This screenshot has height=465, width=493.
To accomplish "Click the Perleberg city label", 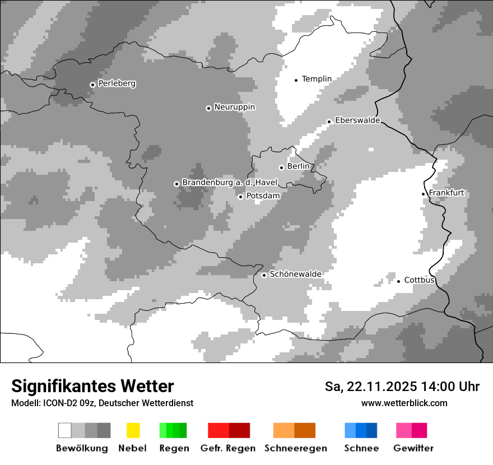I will click(x=117, y=83).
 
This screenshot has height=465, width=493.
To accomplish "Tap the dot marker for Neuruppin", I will click(x=208, y=108).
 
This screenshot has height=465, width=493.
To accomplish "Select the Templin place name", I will click(x=317, y=79).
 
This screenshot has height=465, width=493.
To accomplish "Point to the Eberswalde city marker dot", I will click(x=329, y=122).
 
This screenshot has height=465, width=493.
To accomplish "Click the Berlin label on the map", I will click(x=298, y=166).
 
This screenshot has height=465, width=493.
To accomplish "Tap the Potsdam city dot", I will click(x=240, y=197).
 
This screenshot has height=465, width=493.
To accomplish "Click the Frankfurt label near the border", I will click(x=447, y=193).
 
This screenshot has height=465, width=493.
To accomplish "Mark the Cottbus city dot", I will click(x=398, y=281).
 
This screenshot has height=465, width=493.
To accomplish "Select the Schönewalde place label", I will click(x=295, y=274).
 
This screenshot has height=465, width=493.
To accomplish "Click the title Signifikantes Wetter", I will click(x=92, y=386).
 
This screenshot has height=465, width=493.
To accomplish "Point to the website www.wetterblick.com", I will click(x=404, y=403).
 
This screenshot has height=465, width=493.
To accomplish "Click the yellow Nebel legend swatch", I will click(x=133, y=430).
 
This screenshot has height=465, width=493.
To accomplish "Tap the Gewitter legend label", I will click(x=413, y=448).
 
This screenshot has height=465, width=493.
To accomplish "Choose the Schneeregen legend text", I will click(x=295, y=448).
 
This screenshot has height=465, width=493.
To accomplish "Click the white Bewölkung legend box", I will click(x=65, y=430).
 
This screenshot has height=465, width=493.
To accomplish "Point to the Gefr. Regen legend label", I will click(x=227, y=448).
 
